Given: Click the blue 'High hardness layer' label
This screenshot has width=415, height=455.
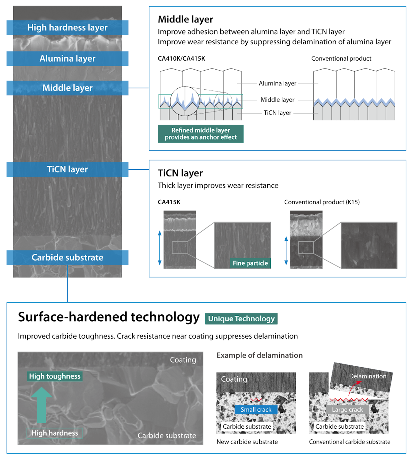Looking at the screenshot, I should coord(67,28).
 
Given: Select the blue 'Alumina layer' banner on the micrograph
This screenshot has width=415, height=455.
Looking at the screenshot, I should coord(67,59).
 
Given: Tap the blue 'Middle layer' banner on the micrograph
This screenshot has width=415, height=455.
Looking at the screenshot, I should coord(67,88).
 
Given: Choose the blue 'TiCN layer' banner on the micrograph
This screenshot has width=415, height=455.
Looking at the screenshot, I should coord(67,169).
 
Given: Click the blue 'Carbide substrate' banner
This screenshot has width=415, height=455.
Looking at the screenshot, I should coord(67,258).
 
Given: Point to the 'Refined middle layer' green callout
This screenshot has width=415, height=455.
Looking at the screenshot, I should coord(201,134).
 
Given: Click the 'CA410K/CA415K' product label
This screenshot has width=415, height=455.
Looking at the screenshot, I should coord(181,59).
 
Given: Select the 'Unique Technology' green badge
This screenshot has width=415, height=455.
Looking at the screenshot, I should coord(241,319).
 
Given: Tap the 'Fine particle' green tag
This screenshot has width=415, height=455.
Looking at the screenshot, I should coord(250,263).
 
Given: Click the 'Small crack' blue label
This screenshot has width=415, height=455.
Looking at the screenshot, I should coord(256,410).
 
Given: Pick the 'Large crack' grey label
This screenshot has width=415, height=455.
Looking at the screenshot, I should coord(348,410).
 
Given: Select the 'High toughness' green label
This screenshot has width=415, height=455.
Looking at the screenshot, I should coord(55,376).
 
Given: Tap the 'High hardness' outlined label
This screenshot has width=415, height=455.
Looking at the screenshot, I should coord(55,433).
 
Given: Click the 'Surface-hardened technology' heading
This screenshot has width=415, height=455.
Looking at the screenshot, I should coord(109,317).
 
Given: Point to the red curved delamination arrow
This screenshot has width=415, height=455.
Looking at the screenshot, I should coord(353,388).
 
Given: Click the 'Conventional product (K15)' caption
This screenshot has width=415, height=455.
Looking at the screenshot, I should coord(322,202).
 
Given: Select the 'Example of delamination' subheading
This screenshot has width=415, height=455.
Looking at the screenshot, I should coord(259,355).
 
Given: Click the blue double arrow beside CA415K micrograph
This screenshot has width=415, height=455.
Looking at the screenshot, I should coord(160,248).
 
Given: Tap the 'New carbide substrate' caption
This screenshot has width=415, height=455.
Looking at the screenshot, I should coord(247,442).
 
